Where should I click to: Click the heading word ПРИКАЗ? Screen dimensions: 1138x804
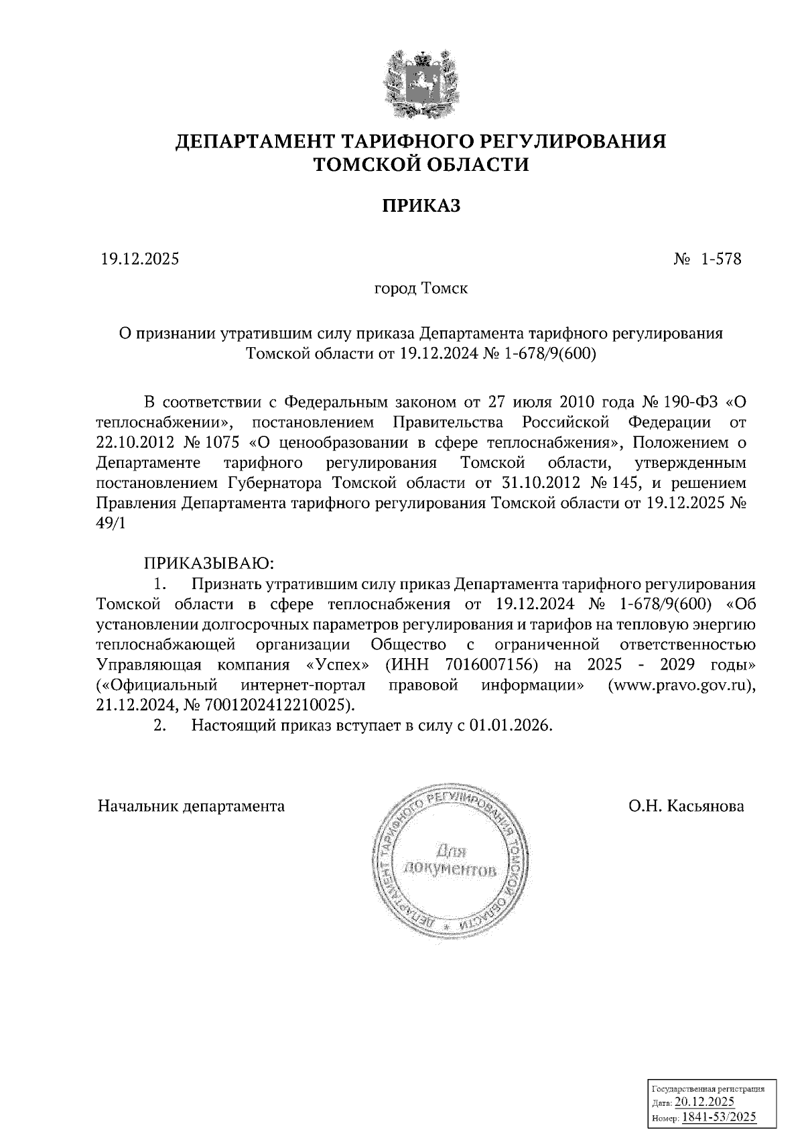click(421, 206)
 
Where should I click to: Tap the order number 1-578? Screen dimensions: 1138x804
click(721, 259)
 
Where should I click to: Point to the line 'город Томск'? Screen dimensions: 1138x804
click(421, 289)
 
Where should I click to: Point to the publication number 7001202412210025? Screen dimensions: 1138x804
click(277, 705)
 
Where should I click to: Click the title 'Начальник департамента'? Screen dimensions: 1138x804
click(191, 806)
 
